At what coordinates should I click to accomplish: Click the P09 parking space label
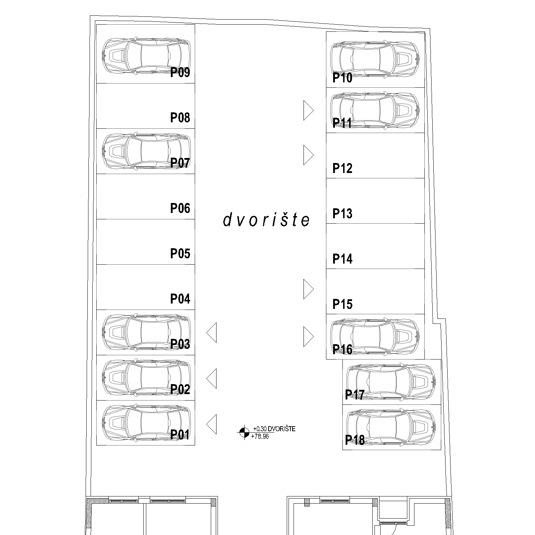pos(180,72)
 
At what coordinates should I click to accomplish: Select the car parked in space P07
pos(146,151)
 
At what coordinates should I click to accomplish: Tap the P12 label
pos(342,168)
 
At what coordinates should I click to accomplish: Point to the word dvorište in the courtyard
pos(266,220)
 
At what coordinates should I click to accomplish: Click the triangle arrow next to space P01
pos(212,424)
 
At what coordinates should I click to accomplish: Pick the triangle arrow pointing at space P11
pos(309,110)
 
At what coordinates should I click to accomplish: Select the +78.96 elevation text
pos(260,436)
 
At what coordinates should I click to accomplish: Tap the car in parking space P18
pos(391,427)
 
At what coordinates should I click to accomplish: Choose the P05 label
pos(180,254)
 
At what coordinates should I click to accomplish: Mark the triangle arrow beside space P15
pos(309,289)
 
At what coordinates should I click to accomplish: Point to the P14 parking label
pos(342,259)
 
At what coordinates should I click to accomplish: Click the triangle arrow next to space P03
pos(212,333)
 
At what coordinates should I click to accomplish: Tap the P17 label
pos(355,394)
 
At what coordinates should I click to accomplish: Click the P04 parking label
pos(180,299)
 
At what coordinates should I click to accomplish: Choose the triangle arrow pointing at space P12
pos(309,155)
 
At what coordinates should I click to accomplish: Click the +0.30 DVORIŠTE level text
pos(274,429)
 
